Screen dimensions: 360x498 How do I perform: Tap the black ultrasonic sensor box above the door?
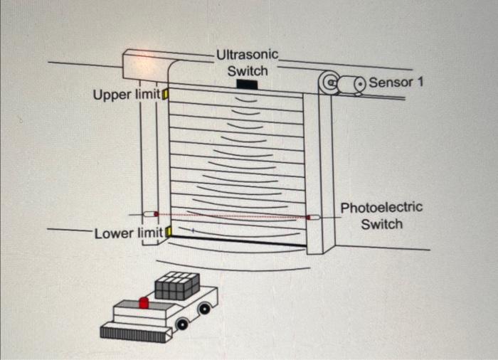coord(248,85)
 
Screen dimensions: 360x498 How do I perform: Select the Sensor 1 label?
coord(396,83)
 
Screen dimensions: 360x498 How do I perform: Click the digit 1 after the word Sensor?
coord(420,83)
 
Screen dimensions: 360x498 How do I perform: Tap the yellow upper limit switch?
coord(165,94)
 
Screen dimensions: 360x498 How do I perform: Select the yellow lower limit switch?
coord(169,231)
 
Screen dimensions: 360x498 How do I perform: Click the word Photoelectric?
coord(381,208)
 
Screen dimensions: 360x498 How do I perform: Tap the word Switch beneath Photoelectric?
coord(381,225)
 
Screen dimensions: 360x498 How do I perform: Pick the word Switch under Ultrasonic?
coord(248,70)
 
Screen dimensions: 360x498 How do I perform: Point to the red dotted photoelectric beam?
coord(231,215)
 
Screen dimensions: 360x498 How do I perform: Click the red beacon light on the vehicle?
coord(143,303)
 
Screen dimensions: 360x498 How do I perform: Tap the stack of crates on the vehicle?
coord(176,285)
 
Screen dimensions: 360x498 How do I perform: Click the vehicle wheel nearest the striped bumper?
coord(182,324)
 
